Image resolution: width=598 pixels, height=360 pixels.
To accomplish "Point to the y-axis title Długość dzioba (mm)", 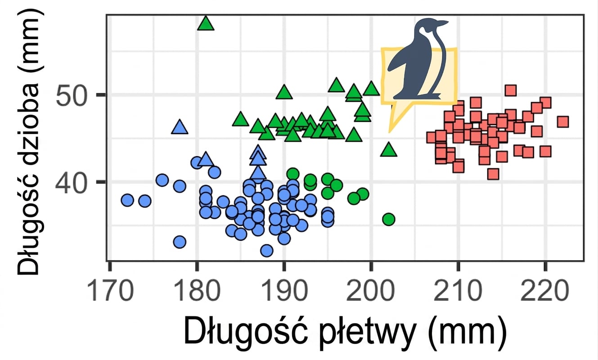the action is [29, 142].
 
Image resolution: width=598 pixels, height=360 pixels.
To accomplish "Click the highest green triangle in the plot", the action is [206, 23].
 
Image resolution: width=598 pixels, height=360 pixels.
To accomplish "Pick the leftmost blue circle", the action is [127, 200].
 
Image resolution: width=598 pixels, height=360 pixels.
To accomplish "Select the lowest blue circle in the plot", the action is [267, 251].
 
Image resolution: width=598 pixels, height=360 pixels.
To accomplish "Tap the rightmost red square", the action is [563, 122].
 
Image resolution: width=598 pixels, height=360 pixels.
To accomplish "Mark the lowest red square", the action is [493, 174].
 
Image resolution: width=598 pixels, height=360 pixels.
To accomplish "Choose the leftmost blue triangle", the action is [180, 127].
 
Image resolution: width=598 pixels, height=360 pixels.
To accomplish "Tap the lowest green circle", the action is [389, 220].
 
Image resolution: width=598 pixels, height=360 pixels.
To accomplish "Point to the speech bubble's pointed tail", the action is [390, 130].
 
